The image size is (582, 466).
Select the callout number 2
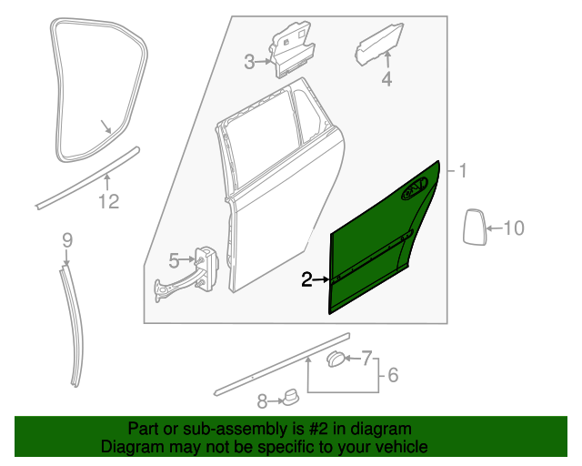[307, 279]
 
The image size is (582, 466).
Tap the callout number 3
[249, 62]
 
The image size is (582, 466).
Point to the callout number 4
[386, 80]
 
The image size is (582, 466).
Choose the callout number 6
[394, 375]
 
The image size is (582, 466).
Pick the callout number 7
[367, 357]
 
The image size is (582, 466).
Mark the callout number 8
[262, 400]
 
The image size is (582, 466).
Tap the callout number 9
[66, 240]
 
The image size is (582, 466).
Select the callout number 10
[514, 228]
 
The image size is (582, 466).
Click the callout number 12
[108, 202]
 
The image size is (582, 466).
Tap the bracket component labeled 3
[290, 50]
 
